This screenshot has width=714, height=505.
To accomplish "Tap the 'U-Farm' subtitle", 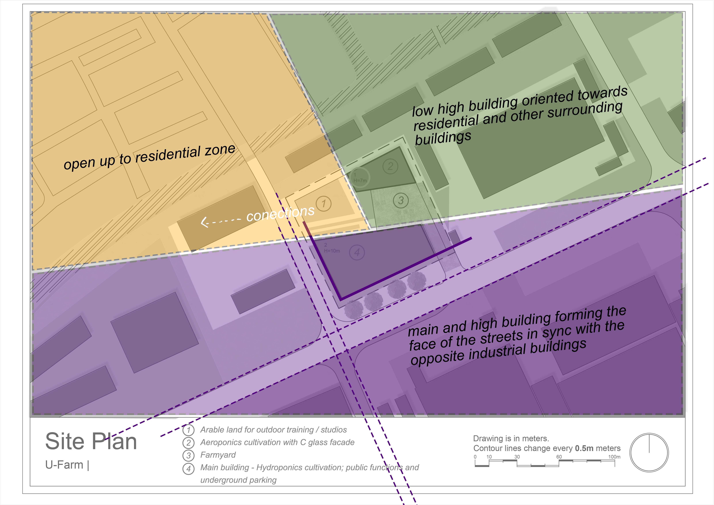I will (x=64, y=465).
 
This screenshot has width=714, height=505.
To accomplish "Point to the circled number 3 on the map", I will (x=401, y=200).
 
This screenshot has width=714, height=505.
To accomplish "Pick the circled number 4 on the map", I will (x=357, y=252).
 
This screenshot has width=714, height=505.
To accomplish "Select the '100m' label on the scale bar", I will (x=614, y=457).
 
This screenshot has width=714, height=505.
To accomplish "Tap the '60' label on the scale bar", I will (x=559, y=457).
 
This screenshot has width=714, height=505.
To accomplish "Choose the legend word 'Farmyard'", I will (x=218, y=455).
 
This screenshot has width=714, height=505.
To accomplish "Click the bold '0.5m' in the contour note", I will (x=584, y=448).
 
